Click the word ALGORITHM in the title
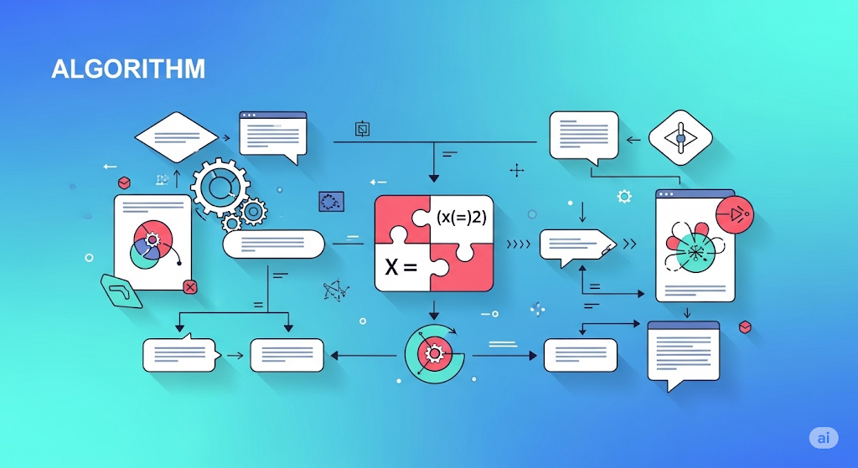tap(128, 69)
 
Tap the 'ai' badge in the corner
tap(824, 438)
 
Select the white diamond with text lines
tap(176, 137)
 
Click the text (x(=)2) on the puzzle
tap(462, 217)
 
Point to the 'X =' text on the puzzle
tap(401, 267)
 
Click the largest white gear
tap(220, 188)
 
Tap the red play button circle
tap(734, 214)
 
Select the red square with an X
tap(190, 286)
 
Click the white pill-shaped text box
tap(274, 244)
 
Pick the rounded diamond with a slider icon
tap(680, 138)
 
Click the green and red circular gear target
tap(435, 353)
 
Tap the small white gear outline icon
tap(624, 197)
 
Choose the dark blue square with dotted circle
tap(331, 202)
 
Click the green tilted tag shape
tap(121, 291)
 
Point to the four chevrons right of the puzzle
tap(518, 244)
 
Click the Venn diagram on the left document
tap(152, 244)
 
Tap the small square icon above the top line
tap(362, 129)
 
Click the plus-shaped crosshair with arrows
tap(516, 171)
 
